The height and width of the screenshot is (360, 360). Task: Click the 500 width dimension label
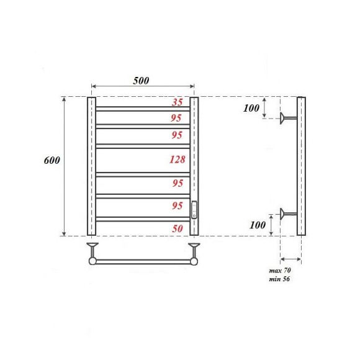tap(141, 81)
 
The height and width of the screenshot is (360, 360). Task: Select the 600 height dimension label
tap(52, 160)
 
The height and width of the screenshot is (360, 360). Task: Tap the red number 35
tap(178, 103)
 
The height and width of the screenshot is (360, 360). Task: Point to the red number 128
tap(177, 160)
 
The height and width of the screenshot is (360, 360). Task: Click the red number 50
tap(178, 228)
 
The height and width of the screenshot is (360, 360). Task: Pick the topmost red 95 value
tap(178, 117)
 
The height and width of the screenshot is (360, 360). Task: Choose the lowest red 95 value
tap(178, 206)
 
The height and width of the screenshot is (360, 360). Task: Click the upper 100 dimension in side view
tap(251, 109)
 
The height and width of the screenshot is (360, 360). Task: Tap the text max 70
tap(280, 272)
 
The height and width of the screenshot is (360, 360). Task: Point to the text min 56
tap(280, 279)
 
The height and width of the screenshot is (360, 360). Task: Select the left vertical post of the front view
tap(91, 166)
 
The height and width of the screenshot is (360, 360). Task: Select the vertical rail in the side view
tap(301, 166)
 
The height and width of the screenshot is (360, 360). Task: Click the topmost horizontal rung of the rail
tap(143, 109)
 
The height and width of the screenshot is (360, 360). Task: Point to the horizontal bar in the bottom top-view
tap(143, 263)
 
